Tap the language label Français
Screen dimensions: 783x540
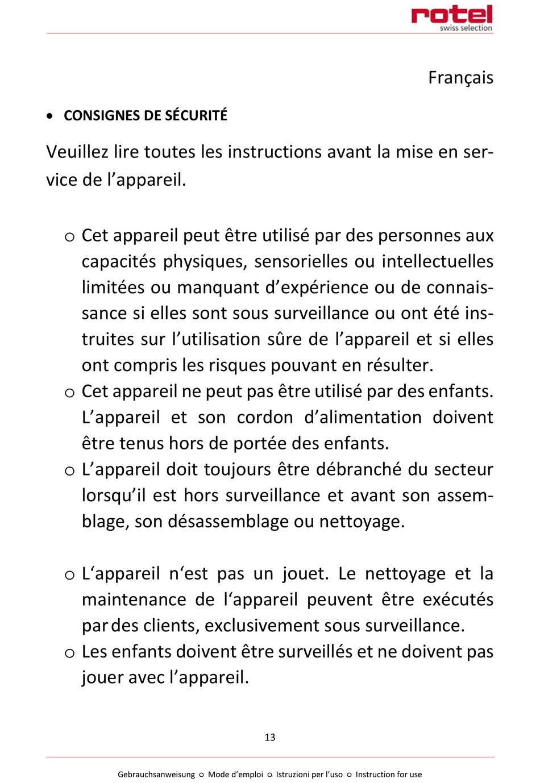click(460, 77)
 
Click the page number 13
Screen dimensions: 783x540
click(270, 737)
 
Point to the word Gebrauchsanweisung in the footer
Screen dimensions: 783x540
click(156, 774)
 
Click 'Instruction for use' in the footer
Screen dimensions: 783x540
click(389, 774)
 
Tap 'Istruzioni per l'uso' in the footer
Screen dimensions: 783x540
click(309, 774)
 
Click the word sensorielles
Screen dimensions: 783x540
click(300, 262)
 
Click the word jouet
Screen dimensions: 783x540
click(305, 574)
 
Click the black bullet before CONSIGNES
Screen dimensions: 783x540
click(51, 116)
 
